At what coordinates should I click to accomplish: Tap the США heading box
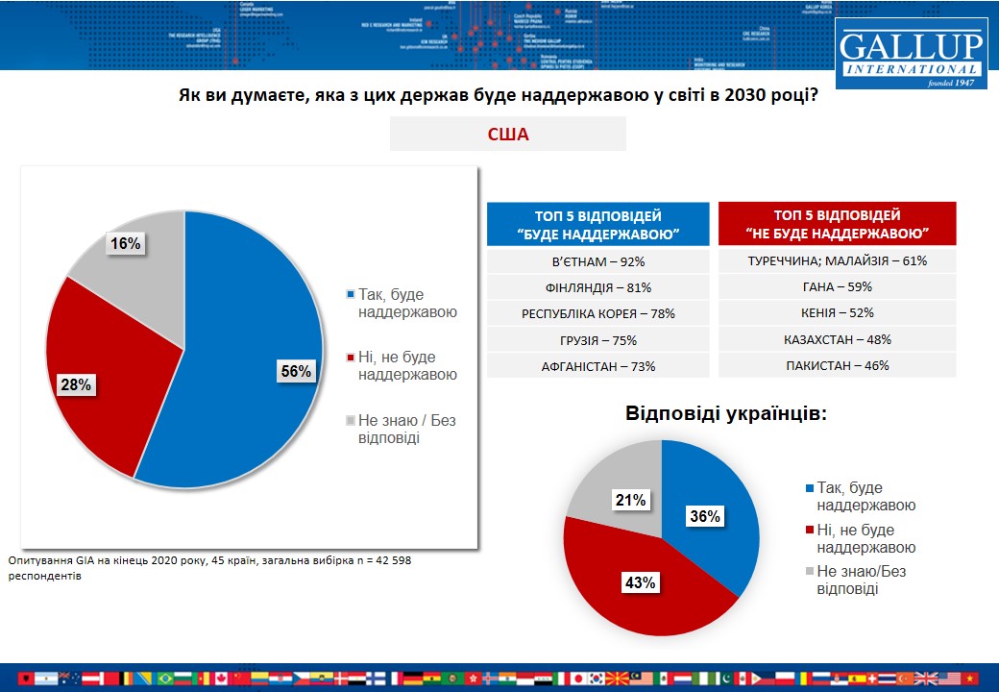pos(507,135)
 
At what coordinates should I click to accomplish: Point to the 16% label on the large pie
pos(125,244)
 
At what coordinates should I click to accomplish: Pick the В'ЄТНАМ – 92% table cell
pos(597,260)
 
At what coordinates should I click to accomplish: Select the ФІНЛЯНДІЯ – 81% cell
pos(597,286)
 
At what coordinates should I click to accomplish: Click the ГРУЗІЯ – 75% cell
pos(597,339)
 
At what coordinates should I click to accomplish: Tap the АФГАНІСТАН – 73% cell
pos(597,365)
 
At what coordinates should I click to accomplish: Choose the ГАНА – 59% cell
pos(838,286)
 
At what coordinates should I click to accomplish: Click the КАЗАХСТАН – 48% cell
pos(838,339)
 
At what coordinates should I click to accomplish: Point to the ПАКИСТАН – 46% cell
pos(838,365)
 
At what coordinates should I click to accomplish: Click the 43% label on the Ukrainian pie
pos(641,583)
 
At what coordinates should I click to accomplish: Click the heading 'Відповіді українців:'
pos(726,414)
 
